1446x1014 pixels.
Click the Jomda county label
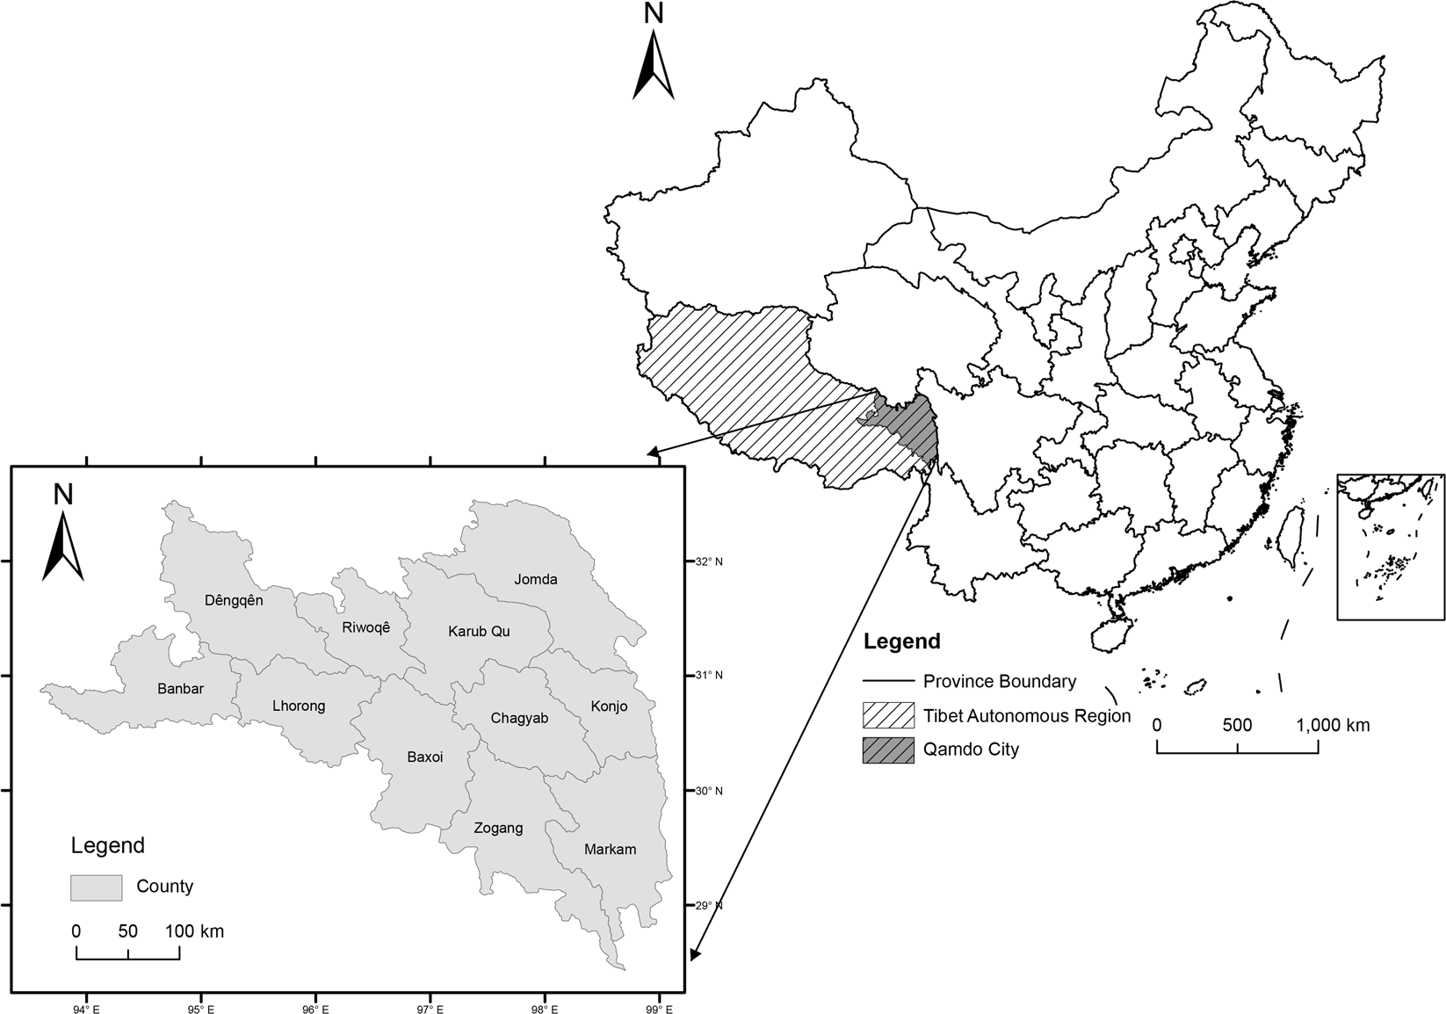click(536, 579)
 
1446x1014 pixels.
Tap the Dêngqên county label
click(234, 600)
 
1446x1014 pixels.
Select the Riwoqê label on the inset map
click(365, 627)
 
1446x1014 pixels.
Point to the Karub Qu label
click(479, 631)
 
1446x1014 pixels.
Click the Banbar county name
click(180, 688)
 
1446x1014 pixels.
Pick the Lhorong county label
click(299, 706)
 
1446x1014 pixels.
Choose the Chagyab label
click(519, 718)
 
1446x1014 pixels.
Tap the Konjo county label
click(609, 706)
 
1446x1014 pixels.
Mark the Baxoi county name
click(425, 757)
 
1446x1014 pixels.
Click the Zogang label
click(498, 828)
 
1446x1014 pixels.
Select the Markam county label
click(610, 849)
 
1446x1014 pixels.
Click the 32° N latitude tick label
click(707, 561)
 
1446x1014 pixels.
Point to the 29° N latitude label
click(707, 905)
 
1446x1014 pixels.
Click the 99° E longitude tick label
click(659, 1009)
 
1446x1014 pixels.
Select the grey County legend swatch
click(96, 887)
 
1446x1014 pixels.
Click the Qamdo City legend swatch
click(888, 750)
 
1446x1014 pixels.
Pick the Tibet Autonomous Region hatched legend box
click(888, 715)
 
